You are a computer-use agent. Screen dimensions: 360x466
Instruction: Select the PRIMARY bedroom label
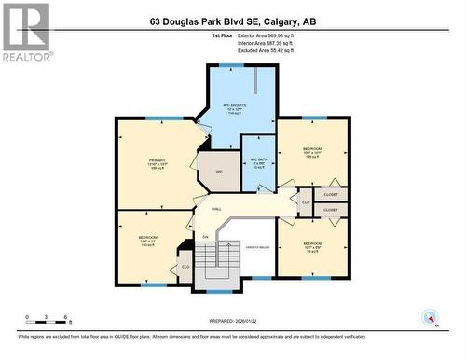pos(156,164)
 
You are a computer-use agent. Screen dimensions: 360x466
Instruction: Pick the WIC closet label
pos(219,171)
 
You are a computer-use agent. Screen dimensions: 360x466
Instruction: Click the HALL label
pos(216,210)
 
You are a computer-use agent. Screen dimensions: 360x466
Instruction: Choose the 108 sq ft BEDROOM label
pos(312,152)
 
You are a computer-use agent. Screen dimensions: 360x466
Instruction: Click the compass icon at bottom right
pos(431,316)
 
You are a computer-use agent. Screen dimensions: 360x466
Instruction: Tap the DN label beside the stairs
pos(205,236)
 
